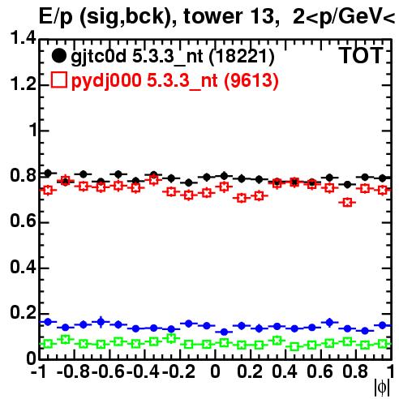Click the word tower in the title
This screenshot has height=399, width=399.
pyautogui.click(x=213, y=16)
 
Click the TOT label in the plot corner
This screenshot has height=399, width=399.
pyautogui.click(x=361, y=55)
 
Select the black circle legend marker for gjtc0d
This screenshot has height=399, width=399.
pyautogui.click(x=58, y=56)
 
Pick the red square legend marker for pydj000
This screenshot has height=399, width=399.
pyautogui.click(x=59, y=80)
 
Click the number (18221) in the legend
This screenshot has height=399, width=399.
pyautogui.click(x=242, y=57)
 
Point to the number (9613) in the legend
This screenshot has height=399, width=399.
pyautogui.click(x=251, y=80)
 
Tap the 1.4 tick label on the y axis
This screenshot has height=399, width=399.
pyautogui.click(x=23, y=38)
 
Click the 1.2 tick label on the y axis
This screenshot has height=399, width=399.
pyautogui.click(x=23, y=84)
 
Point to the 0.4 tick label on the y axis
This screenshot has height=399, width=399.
pyautogui.click(x=23, y=267)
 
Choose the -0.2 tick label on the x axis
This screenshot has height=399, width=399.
pyautogui.click(x=178, y=371)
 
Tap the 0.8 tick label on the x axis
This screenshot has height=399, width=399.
pyautogui.click(x=355, y=371)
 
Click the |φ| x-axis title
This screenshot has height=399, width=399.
pyautogui.click(x=382, y=388)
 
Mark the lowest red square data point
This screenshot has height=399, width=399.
pyautogui.click(x=347, y=202)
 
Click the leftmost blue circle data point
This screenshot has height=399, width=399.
pyautogui.click(x=48, y=322)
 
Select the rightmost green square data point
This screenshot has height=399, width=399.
pyautogui.click(x=383, y=344)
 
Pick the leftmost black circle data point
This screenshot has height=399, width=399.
pyautogui.click(x=48, y=173)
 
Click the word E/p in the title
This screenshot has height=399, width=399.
pyautogui.click(x=56, y=17)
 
